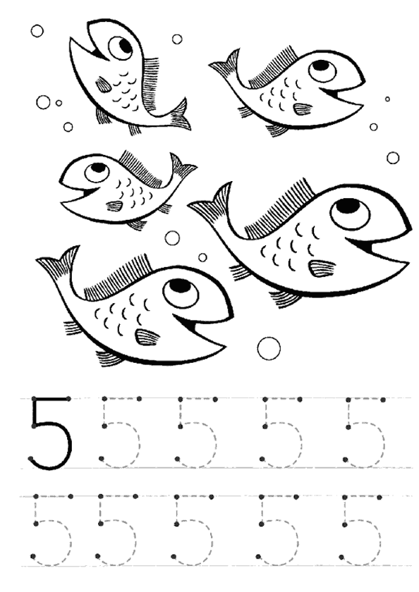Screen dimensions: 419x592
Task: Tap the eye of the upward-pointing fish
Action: [121, 48]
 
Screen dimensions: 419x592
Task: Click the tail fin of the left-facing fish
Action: [182, 167]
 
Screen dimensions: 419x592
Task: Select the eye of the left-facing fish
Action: [97, 171]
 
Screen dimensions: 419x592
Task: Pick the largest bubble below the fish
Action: [269, 347]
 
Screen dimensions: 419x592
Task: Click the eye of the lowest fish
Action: [181, 293]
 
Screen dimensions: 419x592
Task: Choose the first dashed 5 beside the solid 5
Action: [121, 432]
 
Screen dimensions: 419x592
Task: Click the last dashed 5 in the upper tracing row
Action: [365, 432]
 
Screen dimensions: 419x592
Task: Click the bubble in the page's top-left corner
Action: [37, 31]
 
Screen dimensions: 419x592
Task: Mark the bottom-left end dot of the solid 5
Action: [31, 458]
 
